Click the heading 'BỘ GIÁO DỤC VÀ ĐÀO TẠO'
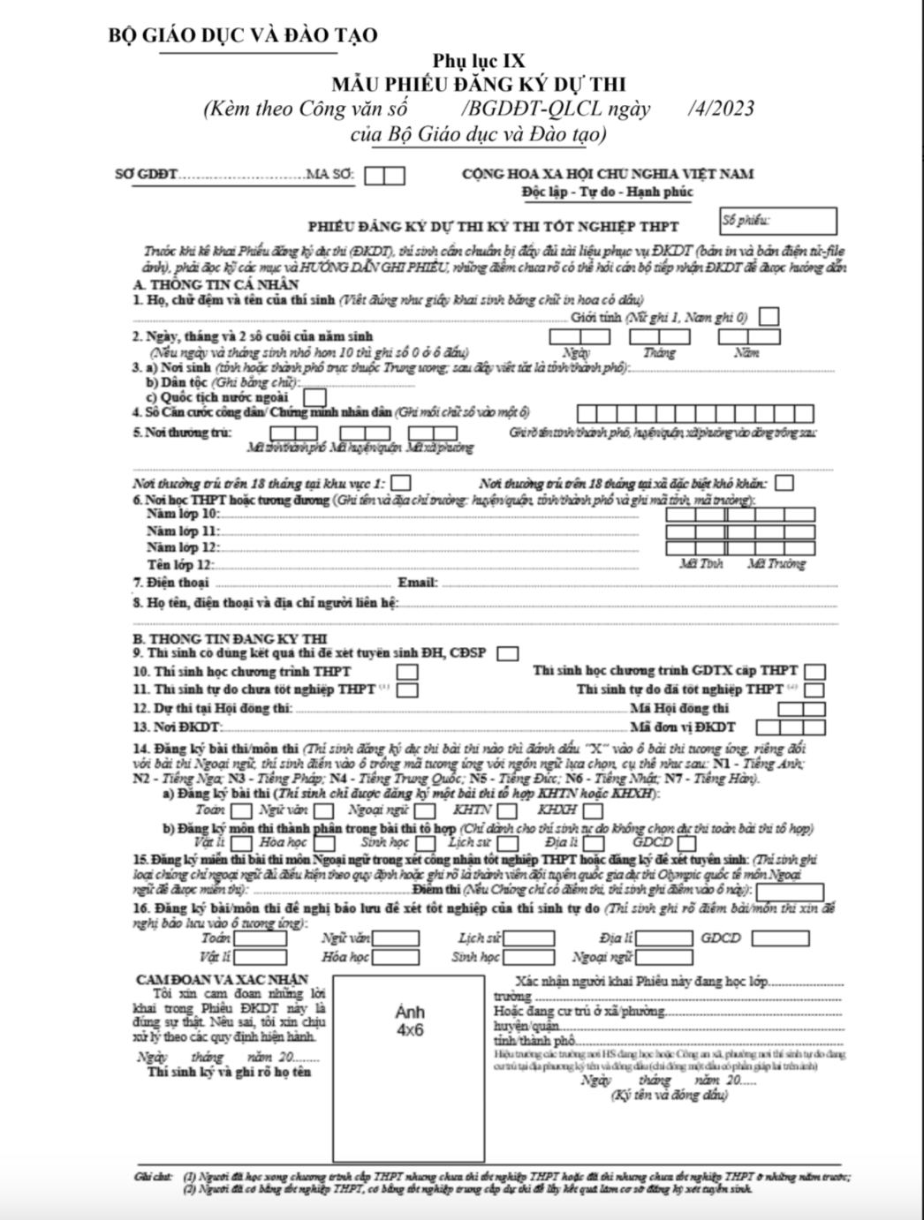[241, 35]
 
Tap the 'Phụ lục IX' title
[478, 61]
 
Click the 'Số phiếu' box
[777, 221]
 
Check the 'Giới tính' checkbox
[769, 316]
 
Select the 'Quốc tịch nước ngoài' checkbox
[314, 397]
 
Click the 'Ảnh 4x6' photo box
[408, 1068]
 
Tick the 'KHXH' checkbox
[593, 810]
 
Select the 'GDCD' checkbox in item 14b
[690, 842]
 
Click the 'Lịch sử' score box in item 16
[528, 938]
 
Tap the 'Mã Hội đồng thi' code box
[803, 709]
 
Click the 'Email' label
[417, 583]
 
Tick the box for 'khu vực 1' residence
[400, 483]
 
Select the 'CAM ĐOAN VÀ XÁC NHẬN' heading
[222, 979]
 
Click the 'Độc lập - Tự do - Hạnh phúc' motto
[607, 192]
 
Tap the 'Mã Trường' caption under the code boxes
[776, 563]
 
